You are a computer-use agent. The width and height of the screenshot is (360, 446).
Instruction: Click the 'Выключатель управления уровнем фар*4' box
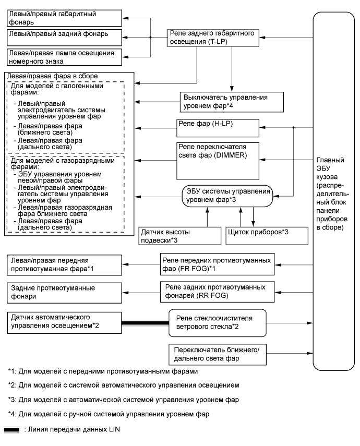click(233, 100)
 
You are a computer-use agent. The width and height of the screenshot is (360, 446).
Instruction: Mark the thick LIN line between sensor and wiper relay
click(145, 323)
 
